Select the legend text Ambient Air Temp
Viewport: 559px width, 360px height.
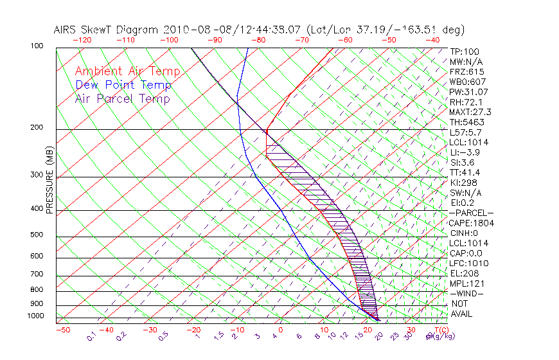tap(127, 71)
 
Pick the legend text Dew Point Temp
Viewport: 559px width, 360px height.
tap(123, 85)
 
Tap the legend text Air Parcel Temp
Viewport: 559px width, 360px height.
tap(122, 98)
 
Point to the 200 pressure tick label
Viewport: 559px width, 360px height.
tap(37, 127)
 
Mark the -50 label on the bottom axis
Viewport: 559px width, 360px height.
tap(63, 330)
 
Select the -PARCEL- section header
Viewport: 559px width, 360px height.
tap(471, 213)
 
